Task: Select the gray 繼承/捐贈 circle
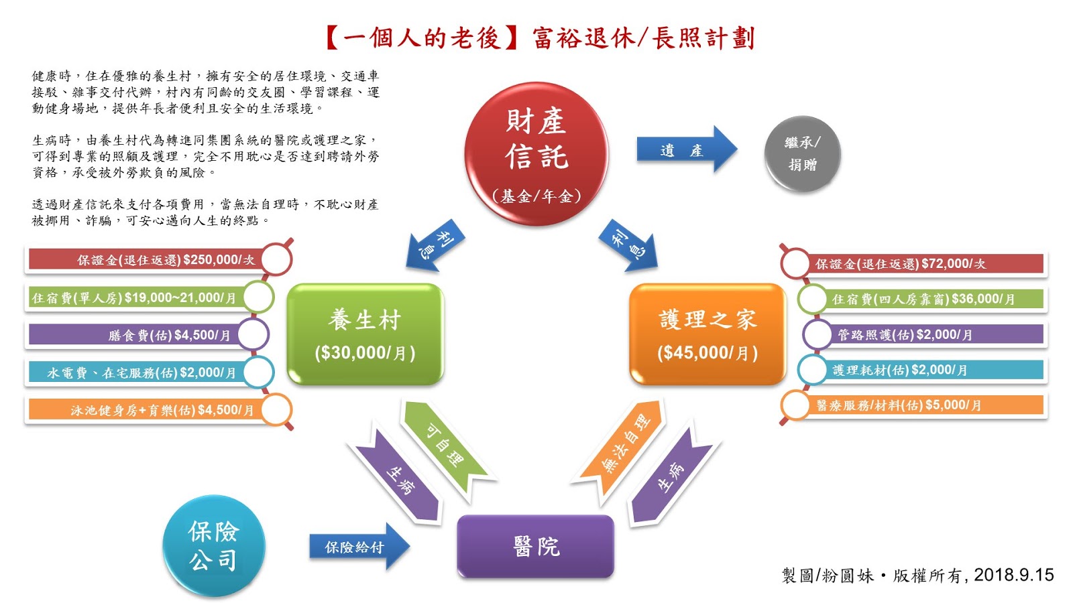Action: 802,154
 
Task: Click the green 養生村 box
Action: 365,334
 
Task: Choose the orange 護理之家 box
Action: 707,334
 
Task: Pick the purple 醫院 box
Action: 535,546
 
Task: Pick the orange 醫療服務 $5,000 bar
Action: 919,405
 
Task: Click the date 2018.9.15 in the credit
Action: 1013,575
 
